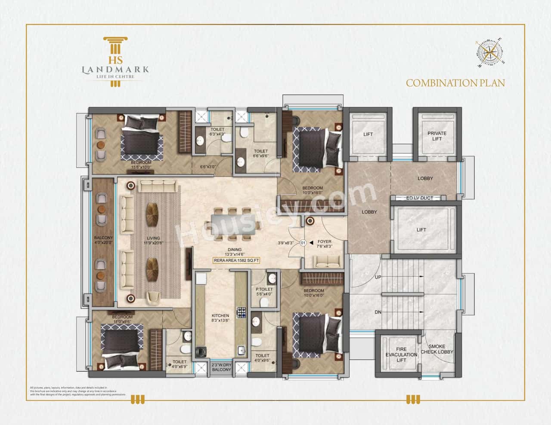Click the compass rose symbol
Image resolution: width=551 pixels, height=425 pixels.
(490, 52)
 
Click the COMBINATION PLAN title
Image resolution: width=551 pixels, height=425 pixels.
(455, 83)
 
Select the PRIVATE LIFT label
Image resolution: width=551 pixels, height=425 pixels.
(437, 136)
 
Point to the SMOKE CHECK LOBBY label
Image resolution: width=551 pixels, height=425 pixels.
(437, 349)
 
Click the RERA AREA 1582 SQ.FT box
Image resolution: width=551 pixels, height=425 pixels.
(236, 260)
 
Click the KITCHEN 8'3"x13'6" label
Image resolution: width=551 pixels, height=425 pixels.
(221, 318)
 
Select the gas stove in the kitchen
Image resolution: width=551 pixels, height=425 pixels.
(240, 312)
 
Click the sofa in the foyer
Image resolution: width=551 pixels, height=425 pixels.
(326, 260)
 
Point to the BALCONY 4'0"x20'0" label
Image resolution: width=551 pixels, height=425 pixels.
(103, 240)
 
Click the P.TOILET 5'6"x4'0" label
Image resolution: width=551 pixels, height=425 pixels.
(264, 292)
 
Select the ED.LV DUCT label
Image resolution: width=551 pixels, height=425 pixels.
(419, 198)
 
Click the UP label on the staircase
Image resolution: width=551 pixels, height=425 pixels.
(378, 277)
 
